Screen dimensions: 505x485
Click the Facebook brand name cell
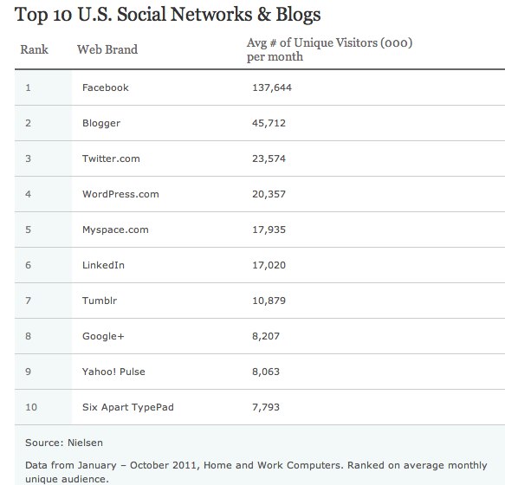(106, 87)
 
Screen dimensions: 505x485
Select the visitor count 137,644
(272, 87)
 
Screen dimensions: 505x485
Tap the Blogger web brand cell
(101, 123)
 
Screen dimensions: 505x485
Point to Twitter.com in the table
(111, 158)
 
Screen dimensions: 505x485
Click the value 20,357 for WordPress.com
(269, 194)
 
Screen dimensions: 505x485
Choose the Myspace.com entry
(115, 230)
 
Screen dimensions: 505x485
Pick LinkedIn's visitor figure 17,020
(269, 265)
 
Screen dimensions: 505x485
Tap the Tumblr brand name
(100, 301)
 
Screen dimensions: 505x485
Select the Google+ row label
(103, 336)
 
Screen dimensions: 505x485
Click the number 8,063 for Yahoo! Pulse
(266, 372)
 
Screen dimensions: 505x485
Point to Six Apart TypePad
(128, 407)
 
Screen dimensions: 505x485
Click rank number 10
(31, 407)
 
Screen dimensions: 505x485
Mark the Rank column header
(34, 49)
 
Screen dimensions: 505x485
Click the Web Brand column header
(107, 49)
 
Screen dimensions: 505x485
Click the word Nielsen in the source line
(86, 443)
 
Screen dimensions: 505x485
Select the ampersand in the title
(264, 15)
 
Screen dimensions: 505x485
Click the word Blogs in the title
(298, 16)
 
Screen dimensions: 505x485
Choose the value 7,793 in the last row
(266, 407)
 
